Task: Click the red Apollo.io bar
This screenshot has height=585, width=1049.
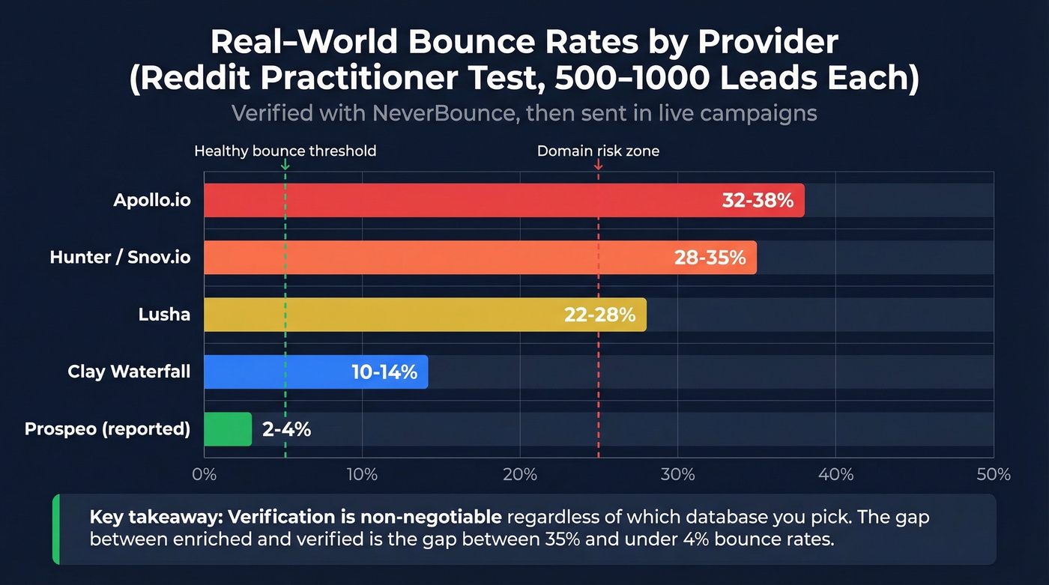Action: pos(450,200)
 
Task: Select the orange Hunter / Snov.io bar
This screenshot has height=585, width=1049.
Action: pos(435,258)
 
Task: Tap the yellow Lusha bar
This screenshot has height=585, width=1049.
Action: pos(375,315)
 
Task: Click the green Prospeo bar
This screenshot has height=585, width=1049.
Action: pos(228,429)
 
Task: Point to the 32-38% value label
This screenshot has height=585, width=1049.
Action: pos(758,201)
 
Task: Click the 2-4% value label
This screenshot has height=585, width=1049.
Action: pos(286,430)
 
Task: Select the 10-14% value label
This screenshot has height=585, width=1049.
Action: pos(384,372)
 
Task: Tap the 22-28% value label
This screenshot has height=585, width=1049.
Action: pos(599,315)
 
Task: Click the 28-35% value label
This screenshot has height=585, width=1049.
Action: pos(710,258)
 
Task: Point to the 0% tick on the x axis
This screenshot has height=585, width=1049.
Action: pos(204,475)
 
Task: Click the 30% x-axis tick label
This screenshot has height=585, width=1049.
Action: pos(678,475)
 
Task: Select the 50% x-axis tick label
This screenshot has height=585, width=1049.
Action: pos(994,475)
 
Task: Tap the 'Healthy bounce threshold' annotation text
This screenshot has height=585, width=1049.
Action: pos(285,151)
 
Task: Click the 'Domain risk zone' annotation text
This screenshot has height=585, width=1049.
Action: pos(598,151)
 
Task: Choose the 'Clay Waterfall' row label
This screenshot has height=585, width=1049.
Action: pos(129,372)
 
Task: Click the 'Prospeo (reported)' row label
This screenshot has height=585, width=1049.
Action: pos(107,429)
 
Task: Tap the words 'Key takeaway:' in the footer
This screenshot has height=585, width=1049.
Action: pos(156,517)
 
